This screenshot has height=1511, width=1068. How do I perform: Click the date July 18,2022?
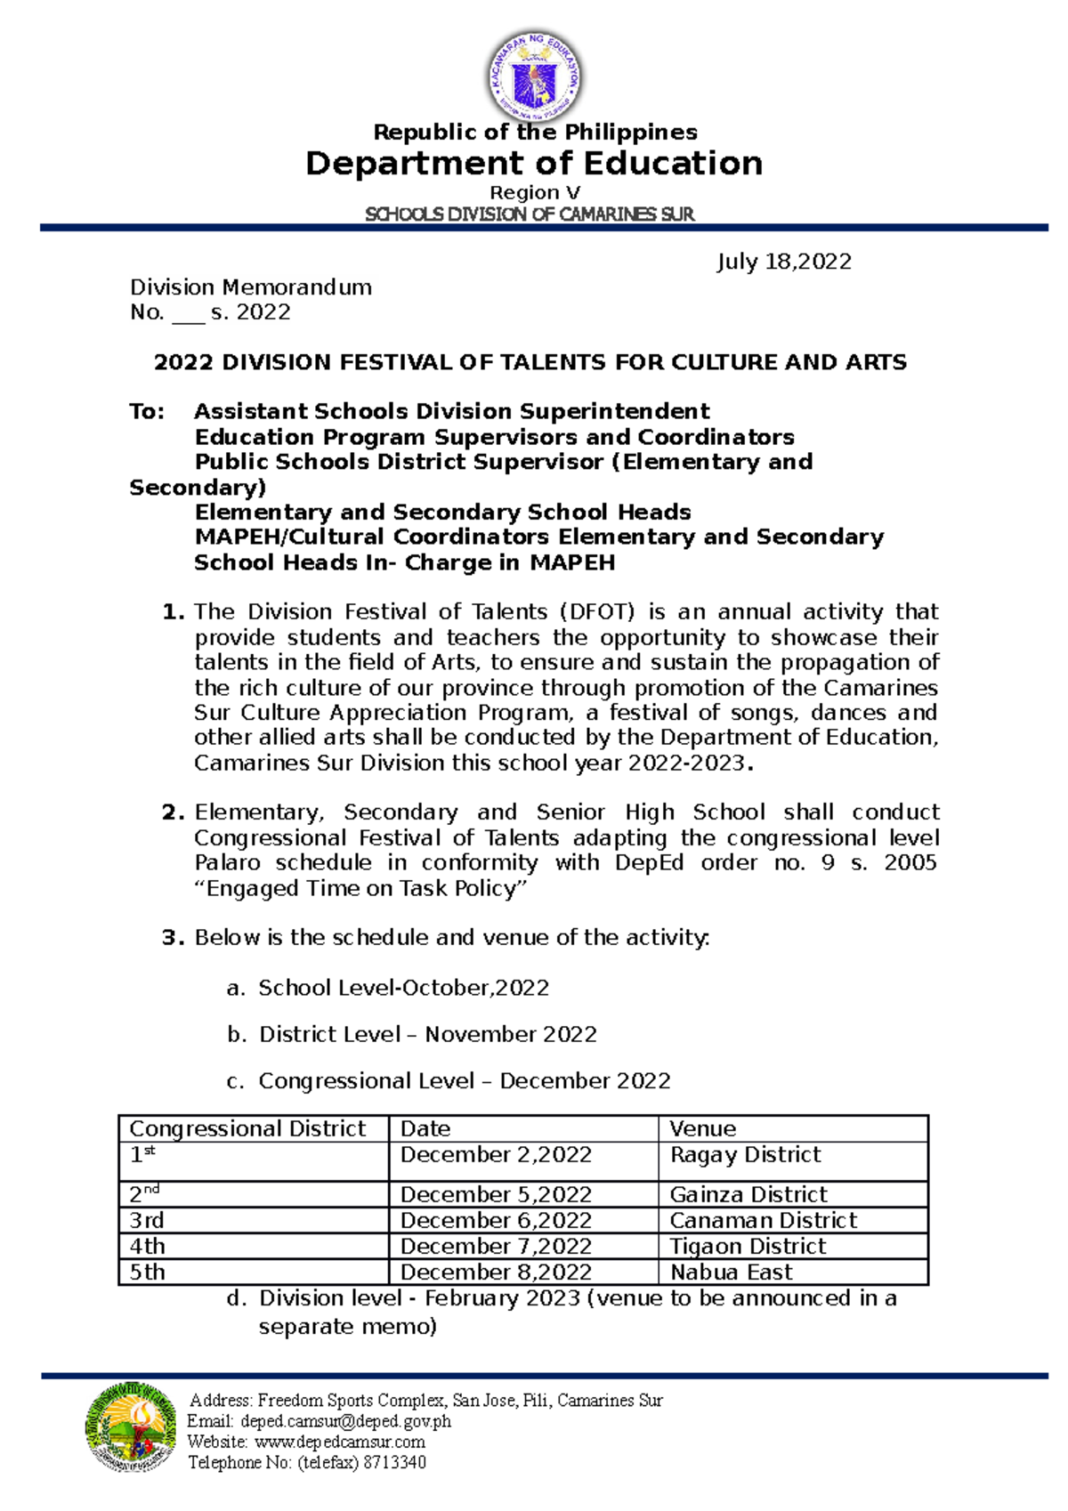(784, 262)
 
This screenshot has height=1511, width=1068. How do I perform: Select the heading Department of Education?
(534, 164)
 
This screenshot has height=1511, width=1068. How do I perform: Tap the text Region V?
(535, 193)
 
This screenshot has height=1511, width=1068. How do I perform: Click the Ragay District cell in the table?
(745, 1155)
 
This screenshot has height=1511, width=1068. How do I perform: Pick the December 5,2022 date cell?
(496, 1194)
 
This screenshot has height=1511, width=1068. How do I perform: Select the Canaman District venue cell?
(763, 1220)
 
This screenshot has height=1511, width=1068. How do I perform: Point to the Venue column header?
(702, 1128)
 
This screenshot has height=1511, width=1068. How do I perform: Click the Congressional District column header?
(247, 1128)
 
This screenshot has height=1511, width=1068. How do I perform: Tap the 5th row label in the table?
(148, 1272)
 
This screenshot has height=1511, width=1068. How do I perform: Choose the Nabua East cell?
(731, 1272)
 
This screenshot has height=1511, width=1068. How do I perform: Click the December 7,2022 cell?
(496, 1246)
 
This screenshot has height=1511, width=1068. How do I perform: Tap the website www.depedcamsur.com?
(340, 1442)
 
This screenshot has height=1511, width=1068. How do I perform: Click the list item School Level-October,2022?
(403, 988)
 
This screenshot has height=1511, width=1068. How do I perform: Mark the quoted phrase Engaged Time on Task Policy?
(361, 889)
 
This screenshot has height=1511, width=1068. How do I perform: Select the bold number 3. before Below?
(173, 938)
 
